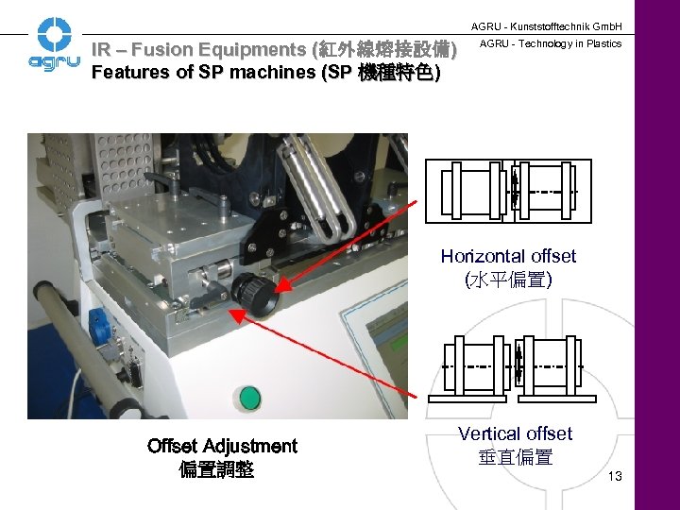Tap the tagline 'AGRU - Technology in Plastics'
552,43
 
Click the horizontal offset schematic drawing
508,190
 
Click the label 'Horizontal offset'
508,256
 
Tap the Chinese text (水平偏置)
508,280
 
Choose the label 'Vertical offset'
515,433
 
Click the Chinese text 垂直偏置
515,458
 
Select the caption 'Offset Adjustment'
222,446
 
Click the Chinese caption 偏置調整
216,469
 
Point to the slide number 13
615,476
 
